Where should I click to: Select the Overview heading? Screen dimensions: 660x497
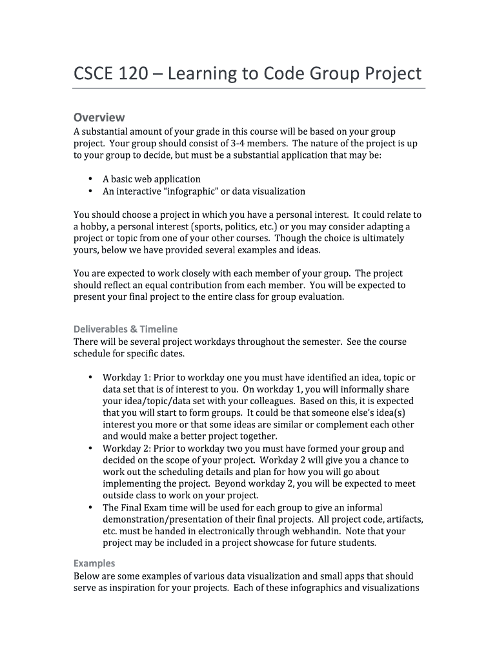(x=99, y=117)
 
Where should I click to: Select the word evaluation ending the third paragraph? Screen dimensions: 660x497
(x=321, y=297)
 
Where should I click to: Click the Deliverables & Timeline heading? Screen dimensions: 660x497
(x=125, y=329)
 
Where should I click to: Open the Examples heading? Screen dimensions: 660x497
(x=94, y=563)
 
